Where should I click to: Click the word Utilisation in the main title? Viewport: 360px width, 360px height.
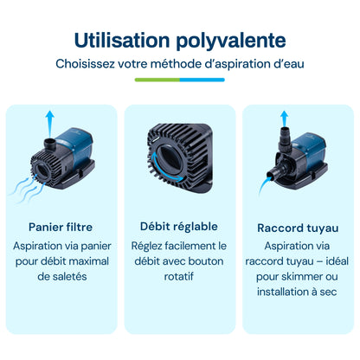[x=122, y=40]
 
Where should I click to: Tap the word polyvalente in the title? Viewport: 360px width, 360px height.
[x=231, y=42]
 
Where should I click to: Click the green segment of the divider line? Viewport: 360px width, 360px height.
[x=157, y=80]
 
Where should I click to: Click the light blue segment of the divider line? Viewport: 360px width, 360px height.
[x=202, y=80]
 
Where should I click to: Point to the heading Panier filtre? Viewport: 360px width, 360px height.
[x=61, y=227]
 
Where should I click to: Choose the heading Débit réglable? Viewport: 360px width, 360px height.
[x=179, y=227]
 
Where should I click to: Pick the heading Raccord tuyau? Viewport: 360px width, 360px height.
[x=298, y=228]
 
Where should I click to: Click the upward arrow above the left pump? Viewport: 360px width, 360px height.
[x=50, y=124]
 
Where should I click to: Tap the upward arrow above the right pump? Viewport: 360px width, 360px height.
[x=285, y=119]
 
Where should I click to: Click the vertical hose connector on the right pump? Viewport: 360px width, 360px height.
[x=285, y=139]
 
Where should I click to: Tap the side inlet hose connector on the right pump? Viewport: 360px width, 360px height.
[x=275, y=171]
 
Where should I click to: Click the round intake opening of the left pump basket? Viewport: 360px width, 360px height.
[x=42, y=171]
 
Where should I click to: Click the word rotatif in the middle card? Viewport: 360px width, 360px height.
[x=179, y=277]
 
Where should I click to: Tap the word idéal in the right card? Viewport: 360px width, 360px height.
[x=337, y=261]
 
